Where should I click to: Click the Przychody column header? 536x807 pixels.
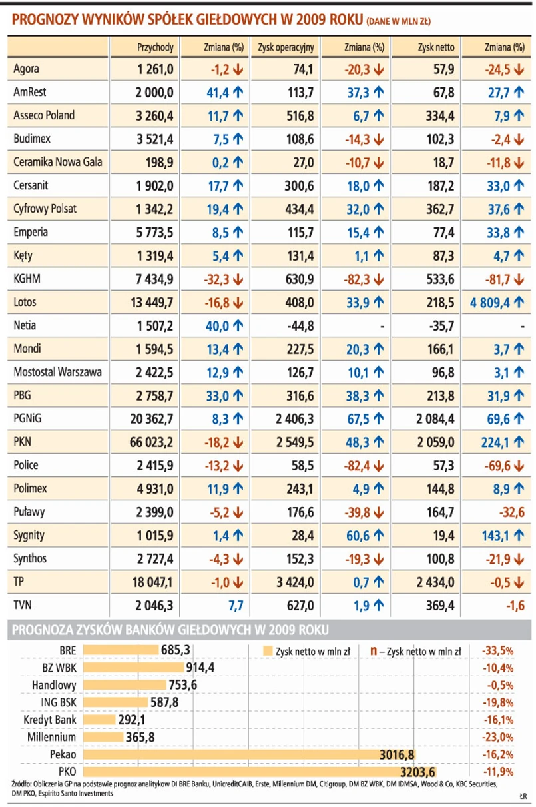(x=155, y=47)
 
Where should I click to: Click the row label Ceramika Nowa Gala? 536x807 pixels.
(x=58, y=162)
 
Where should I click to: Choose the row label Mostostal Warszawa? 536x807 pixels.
(x=58, y=372)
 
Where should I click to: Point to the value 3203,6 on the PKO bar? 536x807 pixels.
(x=417, y=772)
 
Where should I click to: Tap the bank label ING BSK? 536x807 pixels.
(x=57, y=702)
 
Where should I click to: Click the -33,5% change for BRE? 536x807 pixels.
(x=495, y=650)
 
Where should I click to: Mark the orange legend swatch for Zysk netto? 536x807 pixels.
(x=268, y=650)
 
